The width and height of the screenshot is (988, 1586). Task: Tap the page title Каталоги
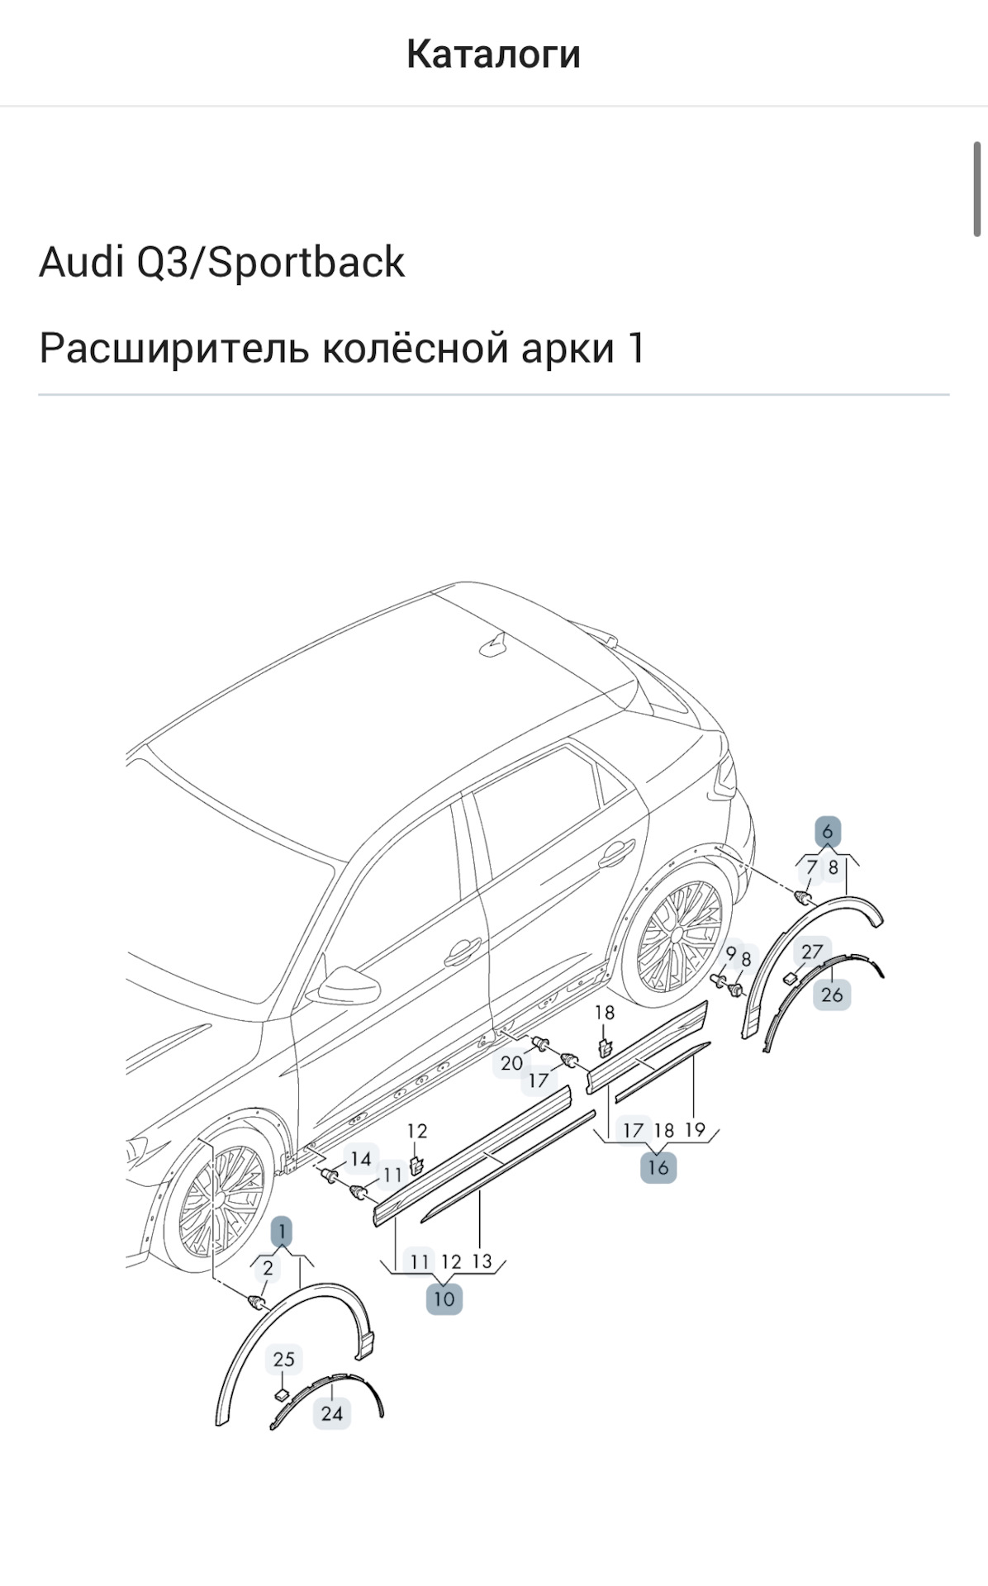pos(493,55)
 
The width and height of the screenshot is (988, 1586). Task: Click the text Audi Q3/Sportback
pos(221,263)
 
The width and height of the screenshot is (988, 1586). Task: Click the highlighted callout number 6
pos(828,831)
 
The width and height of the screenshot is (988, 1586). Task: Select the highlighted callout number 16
pos(658,1167)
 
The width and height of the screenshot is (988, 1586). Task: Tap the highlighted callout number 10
pos(444,1299)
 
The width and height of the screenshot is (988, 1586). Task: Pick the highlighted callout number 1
pos(282,1232)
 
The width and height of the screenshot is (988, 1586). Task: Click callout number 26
pos(832,994)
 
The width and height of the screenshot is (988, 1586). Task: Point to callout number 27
pos(812,952)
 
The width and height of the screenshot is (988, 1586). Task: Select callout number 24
pos(332,1413)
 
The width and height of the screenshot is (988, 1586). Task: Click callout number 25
pos(283,1359)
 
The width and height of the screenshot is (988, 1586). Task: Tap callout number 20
pos(511,1063)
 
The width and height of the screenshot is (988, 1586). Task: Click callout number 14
pos(360,1159)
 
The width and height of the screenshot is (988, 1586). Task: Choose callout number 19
pos(696,1129)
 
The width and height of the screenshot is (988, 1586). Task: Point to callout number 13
pos(482,1261)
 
